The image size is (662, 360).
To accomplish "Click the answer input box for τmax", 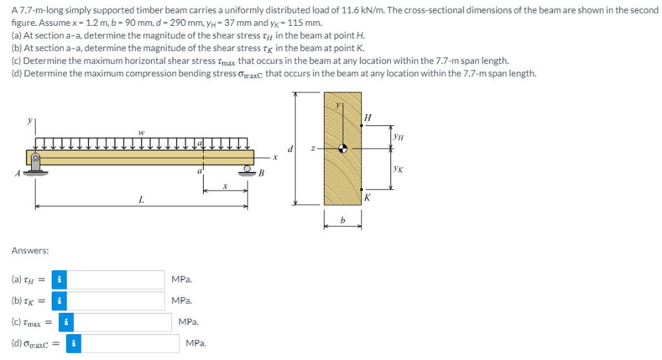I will [122, 322].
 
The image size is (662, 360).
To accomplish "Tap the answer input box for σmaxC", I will [131, 343].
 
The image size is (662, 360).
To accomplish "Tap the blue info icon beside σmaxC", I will [74, 343].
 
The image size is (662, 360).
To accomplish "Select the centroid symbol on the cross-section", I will [343, 147].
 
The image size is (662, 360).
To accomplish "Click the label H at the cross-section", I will [368, 117].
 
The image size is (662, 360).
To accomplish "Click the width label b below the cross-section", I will [343, 221].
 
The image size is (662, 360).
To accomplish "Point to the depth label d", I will [292, 149].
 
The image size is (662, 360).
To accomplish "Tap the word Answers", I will [30, 250].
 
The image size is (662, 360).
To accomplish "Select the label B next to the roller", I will [262, 173].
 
